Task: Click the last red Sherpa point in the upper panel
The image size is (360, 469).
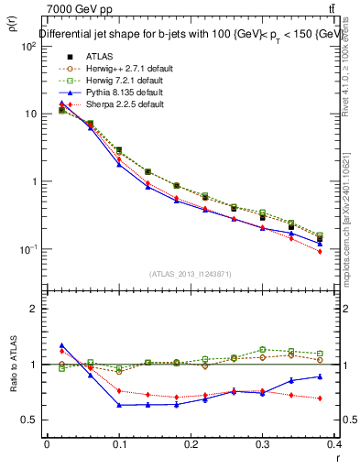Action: point(345,251)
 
